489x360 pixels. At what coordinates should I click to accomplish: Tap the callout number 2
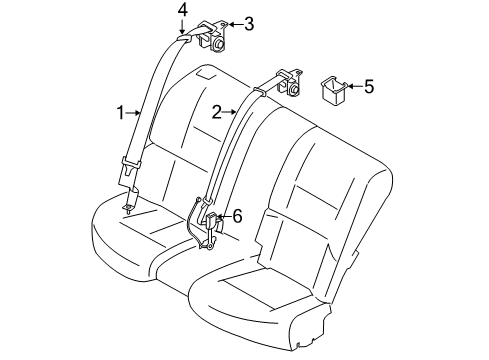point(216,112)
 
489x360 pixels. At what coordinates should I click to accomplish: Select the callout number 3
point(249,23)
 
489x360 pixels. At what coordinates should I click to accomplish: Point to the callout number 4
point(183,9)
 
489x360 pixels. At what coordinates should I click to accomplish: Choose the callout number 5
point(369,87)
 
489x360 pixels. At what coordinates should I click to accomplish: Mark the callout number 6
point(237,215)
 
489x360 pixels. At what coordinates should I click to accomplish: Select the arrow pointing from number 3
point(235,23)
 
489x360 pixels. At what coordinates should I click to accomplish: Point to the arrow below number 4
point(183,25)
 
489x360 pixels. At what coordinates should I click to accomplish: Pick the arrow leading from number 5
point(353,87)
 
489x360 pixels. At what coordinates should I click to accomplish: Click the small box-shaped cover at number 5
point(331,88)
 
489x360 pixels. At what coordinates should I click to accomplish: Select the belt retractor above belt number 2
point(289,79)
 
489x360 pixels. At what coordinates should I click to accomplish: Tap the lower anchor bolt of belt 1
point(127,206)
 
